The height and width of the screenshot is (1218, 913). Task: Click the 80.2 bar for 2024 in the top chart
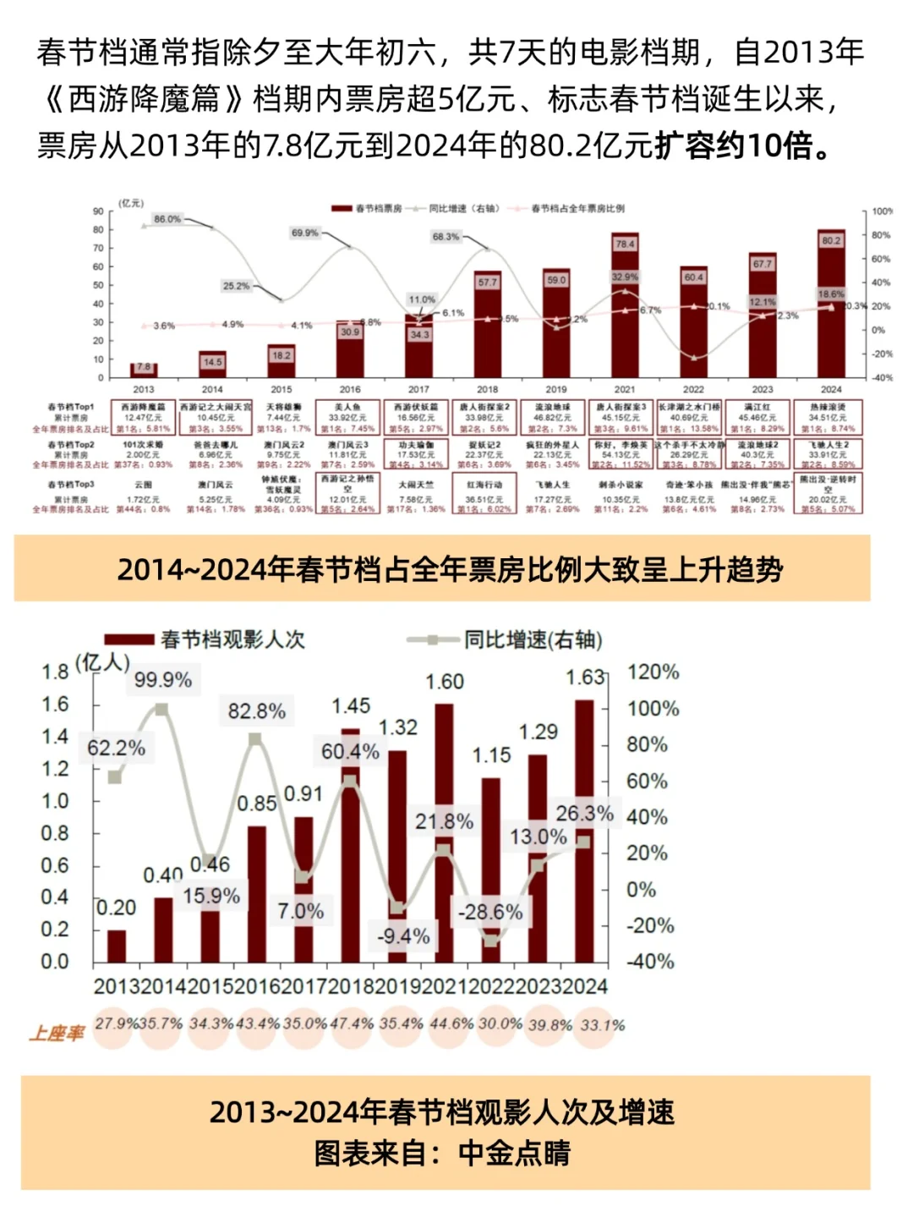(x=831, y=304)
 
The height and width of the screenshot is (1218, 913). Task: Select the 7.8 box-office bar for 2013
(x=144, y=370)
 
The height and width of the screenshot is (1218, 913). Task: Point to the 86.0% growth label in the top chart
(x=167, y=219)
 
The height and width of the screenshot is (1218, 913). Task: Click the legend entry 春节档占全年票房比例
(x=577, y=208)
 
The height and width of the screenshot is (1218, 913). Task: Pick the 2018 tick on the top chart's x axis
(x=487, y=390)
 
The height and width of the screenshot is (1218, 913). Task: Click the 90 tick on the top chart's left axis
(x=99, y=211)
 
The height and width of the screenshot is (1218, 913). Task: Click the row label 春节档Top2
(x=71, y=445)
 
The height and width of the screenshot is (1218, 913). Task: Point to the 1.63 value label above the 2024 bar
(x=585, y=678)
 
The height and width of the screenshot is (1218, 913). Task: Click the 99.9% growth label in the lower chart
(x=163, y=679)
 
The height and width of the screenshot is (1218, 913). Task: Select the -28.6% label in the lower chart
(x=490, y=912)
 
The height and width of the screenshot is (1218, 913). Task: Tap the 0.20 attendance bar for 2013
(x=117, y=946)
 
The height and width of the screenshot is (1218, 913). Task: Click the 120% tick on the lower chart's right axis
(x=653, y=672)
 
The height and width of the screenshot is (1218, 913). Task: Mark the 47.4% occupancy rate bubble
(x=352, y=1024)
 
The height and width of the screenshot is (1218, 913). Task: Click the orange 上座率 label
(x=57, y=1033)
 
